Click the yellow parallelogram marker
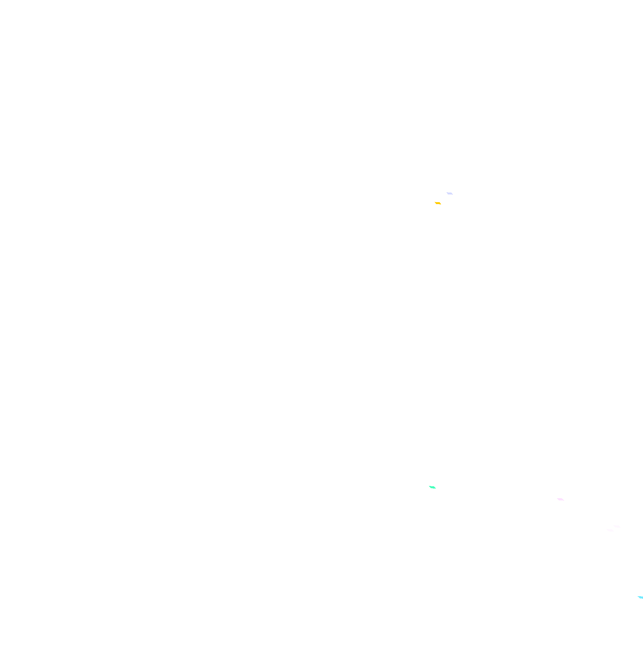tap(438, 203)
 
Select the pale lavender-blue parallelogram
tap(450, 193)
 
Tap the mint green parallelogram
tap(432, 487)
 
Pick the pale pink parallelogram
tap(560, 499)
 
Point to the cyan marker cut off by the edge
tap(640, 597)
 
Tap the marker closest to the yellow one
tap(450, 193)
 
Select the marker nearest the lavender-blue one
tap(438, 203)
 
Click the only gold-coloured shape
tap(438, 203)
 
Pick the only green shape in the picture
tap(432, 487)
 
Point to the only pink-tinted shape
tap(560, 499)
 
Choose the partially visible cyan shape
tap(640, 597)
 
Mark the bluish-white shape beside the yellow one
tap(450, 193)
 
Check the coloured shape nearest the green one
tap(560, 499)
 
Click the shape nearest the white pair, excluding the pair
tap(560, 499)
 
